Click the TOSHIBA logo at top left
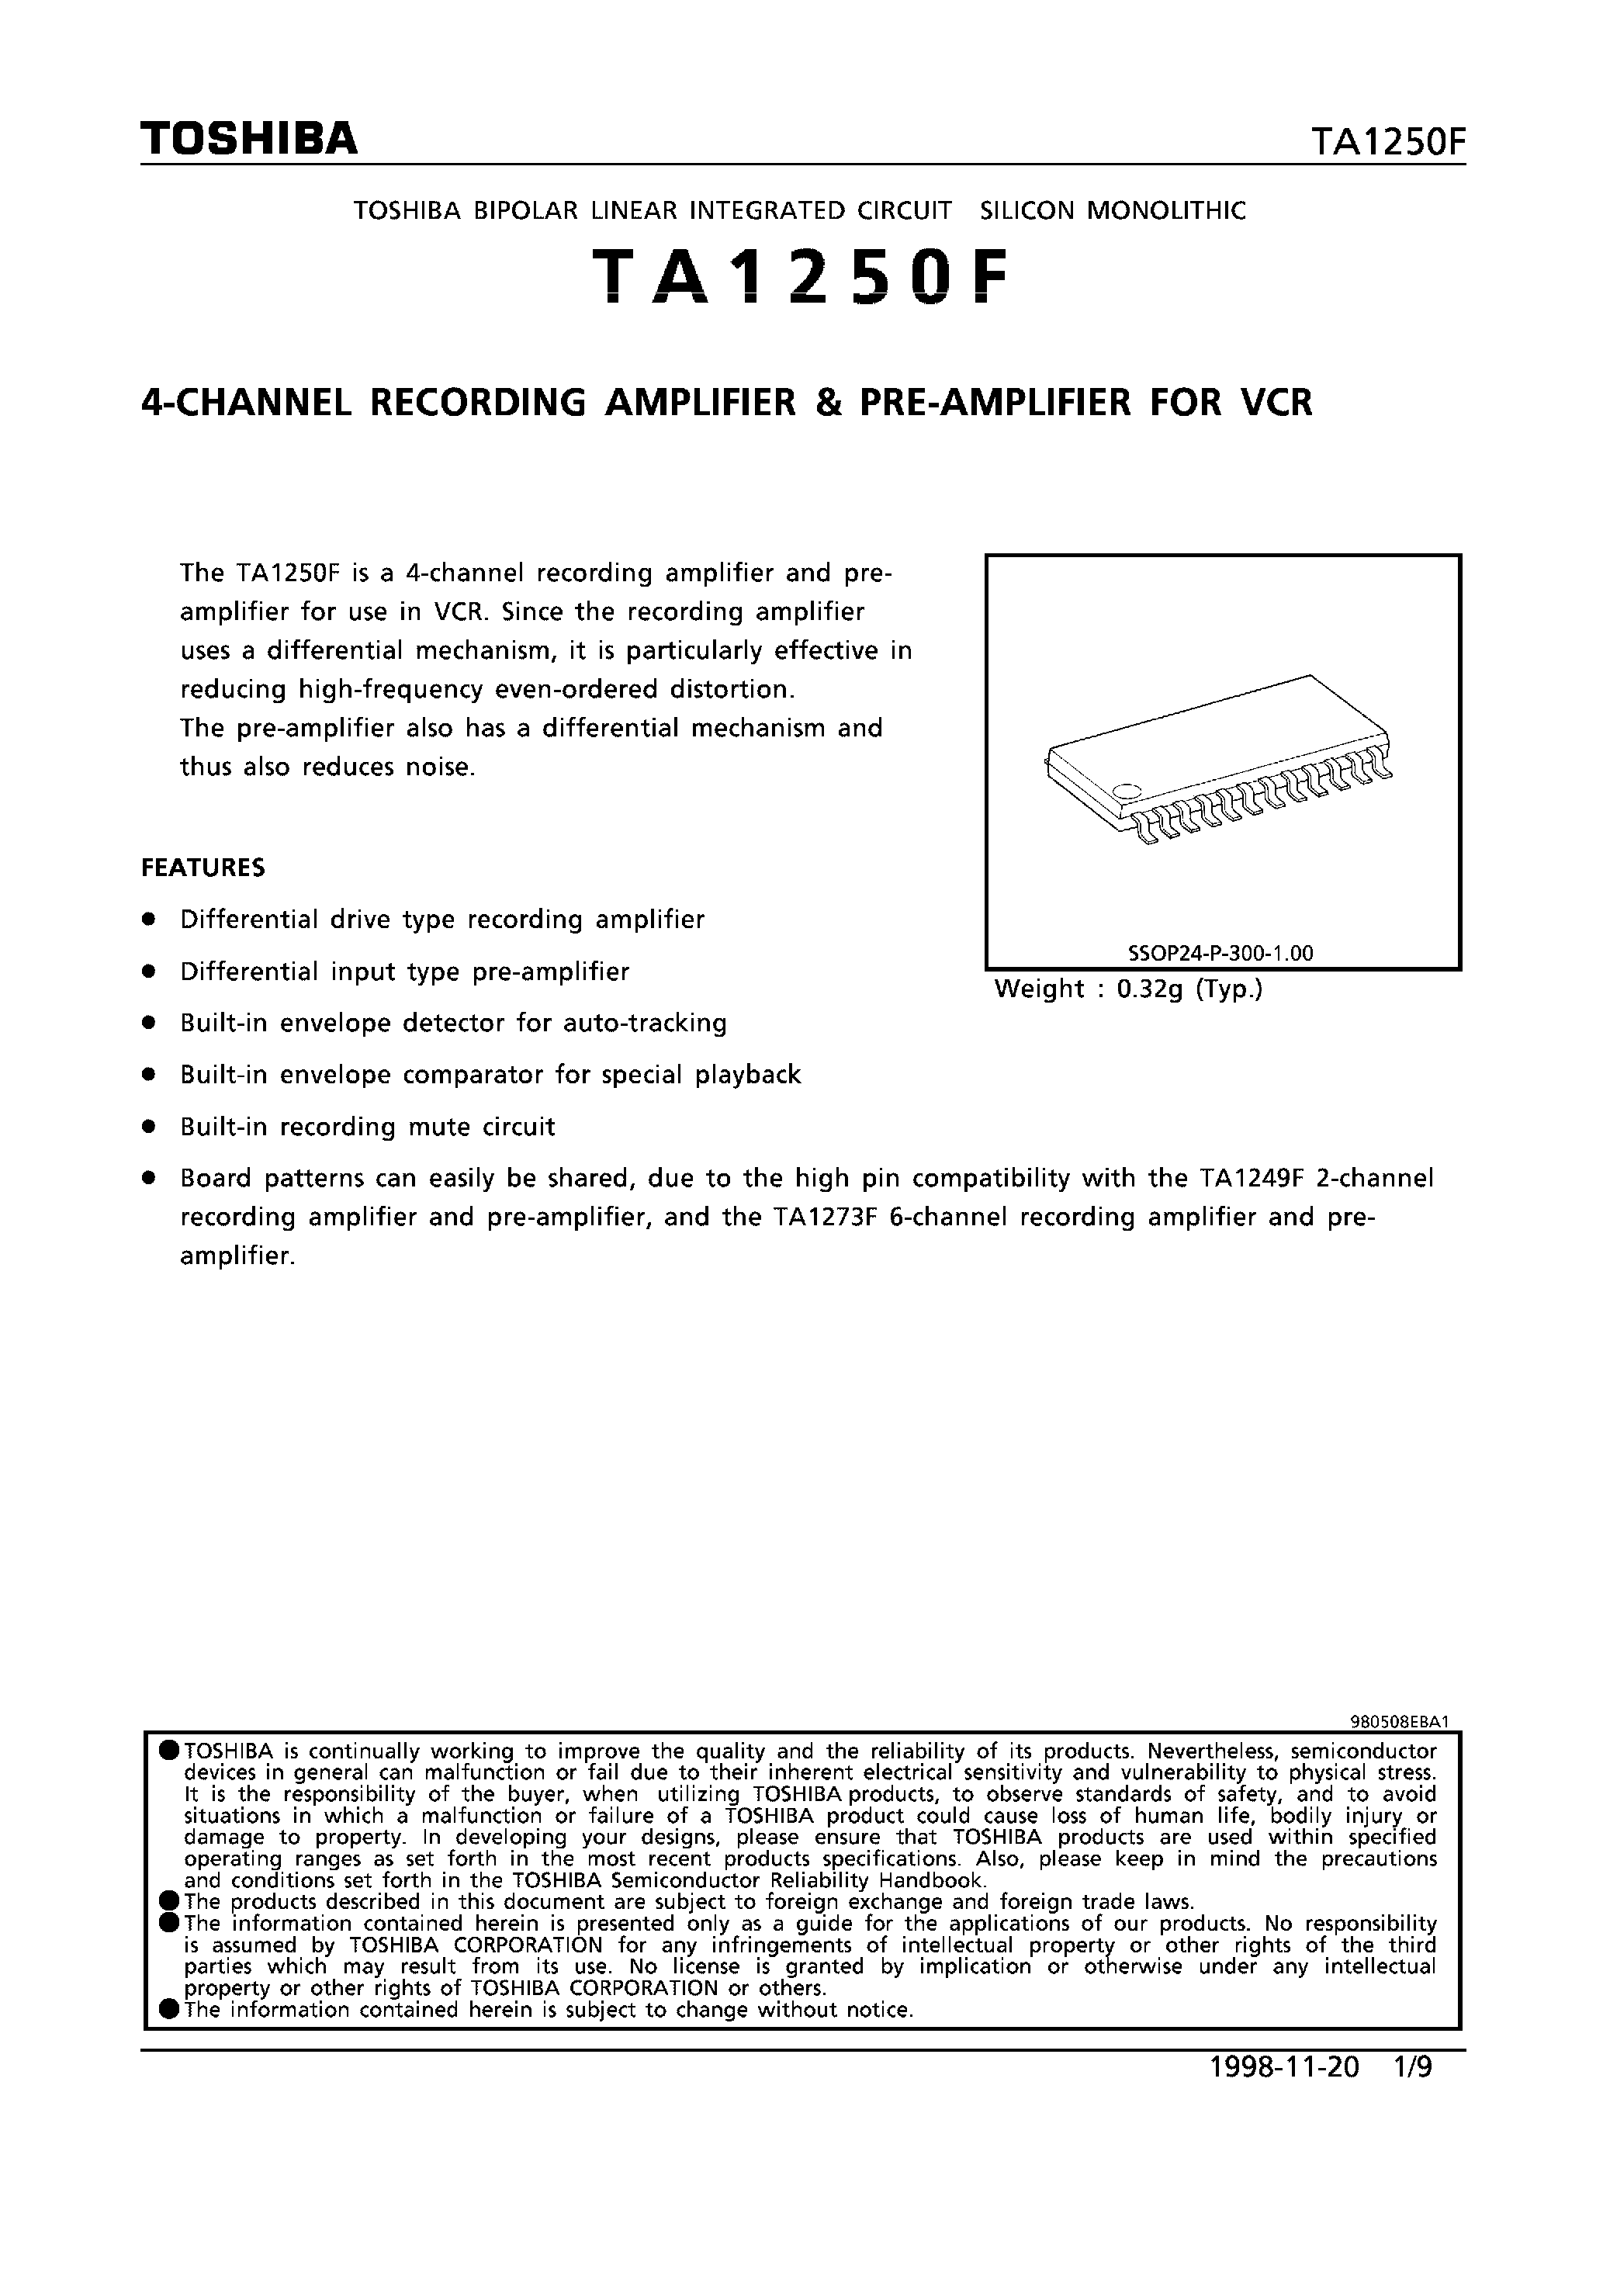248,138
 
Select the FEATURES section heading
203,868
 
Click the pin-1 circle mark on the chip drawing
1126,790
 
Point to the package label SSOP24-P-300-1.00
1220,954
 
